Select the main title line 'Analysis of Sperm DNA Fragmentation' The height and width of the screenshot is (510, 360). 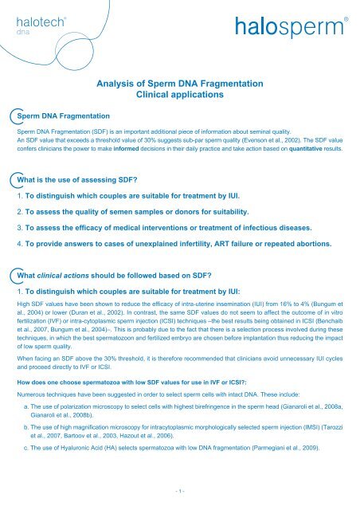click(x=180, y=81)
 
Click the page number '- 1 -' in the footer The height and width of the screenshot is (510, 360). click(x=180, y=498)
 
